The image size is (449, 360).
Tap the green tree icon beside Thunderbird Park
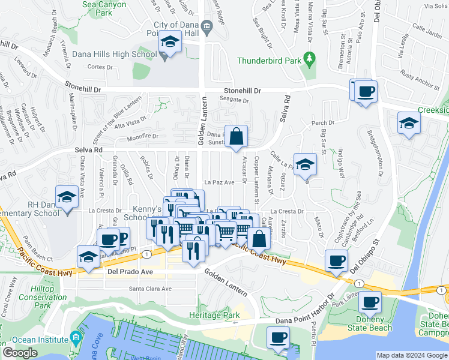[x=310, y=59]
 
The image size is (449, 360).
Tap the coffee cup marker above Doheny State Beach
[x=370, y=301]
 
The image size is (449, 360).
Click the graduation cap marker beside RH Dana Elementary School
[x=67, y=196]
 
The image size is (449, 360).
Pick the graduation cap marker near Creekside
[x=409, y=123]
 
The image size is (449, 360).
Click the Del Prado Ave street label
[x=130, y=272]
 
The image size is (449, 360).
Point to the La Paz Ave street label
[x=218, y=182]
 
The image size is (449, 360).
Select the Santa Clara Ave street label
[x=150, y=289]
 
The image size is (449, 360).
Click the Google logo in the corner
[x=20, y=353]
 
